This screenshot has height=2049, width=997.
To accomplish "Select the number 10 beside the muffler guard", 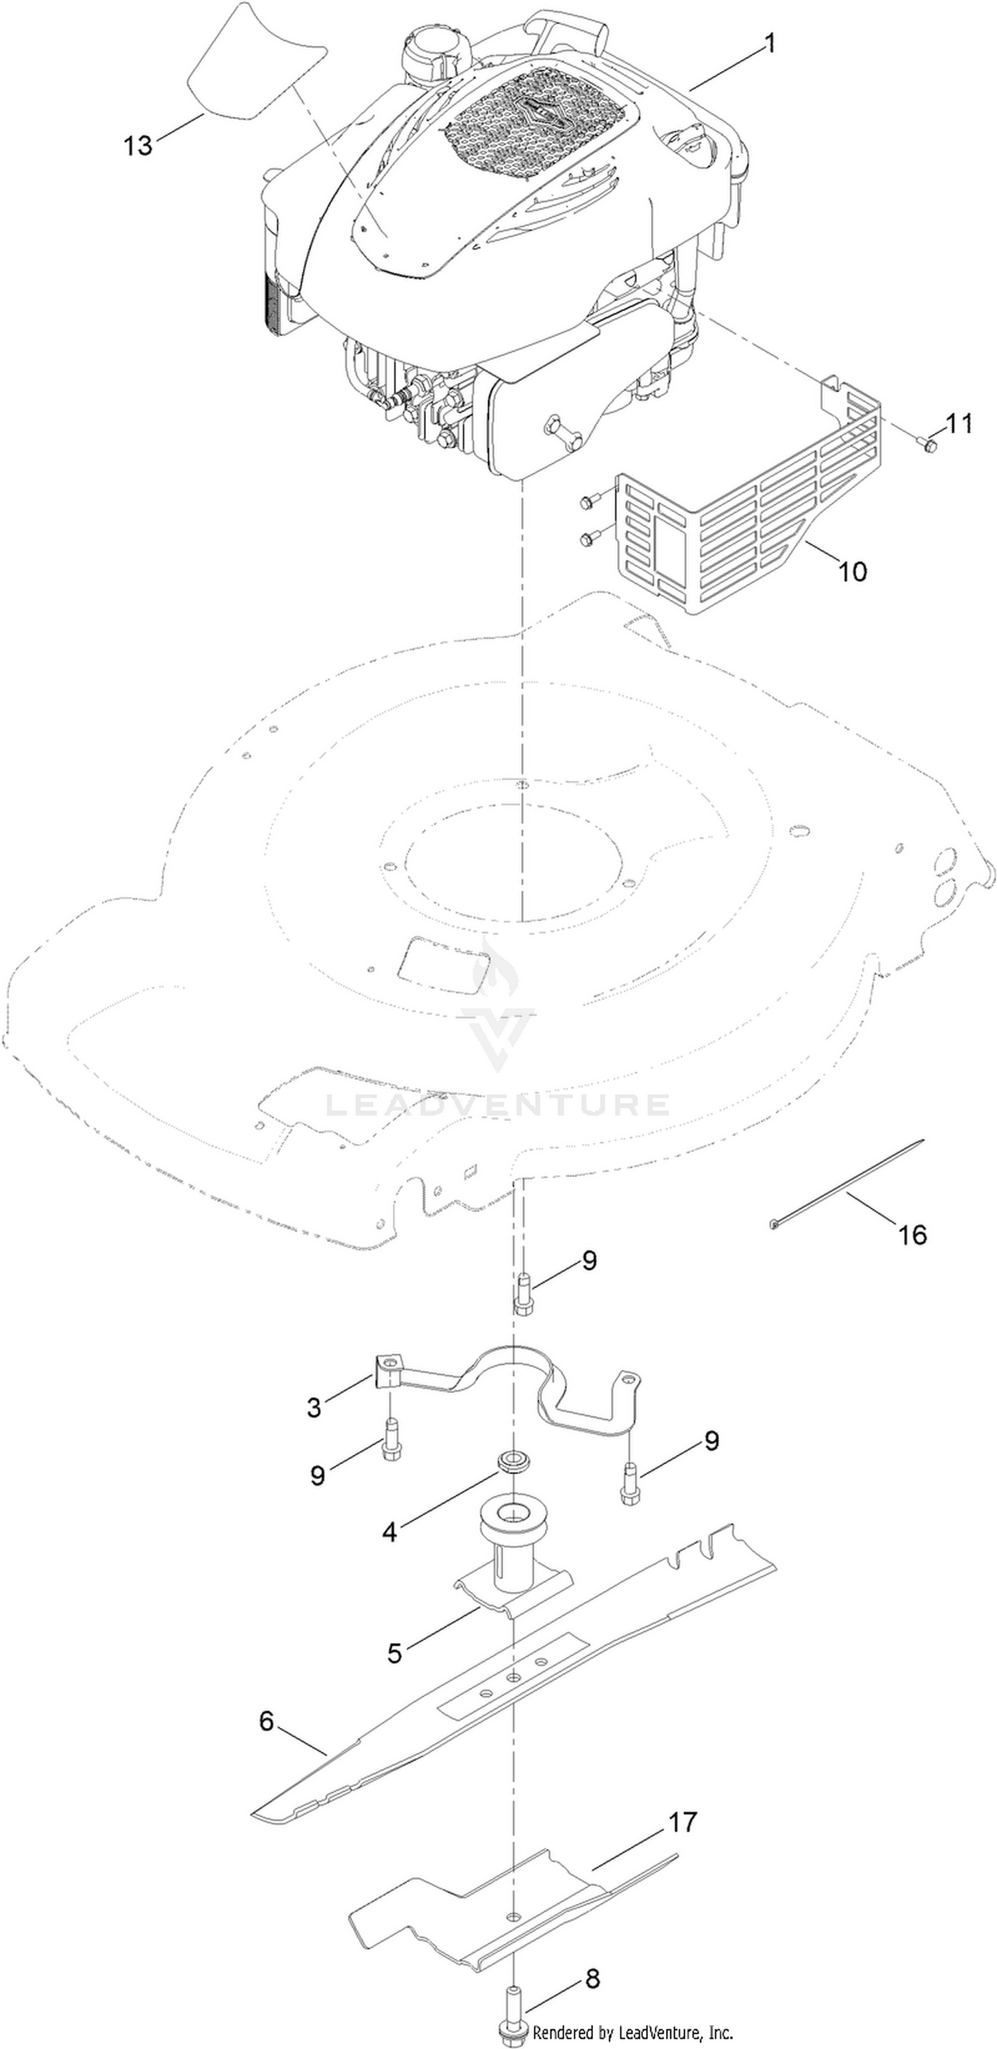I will point(852,570).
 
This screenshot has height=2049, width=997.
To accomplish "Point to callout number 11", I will point(959,423).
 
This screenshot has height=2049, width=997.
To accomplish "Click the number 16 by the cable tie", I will point(912,1234).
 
